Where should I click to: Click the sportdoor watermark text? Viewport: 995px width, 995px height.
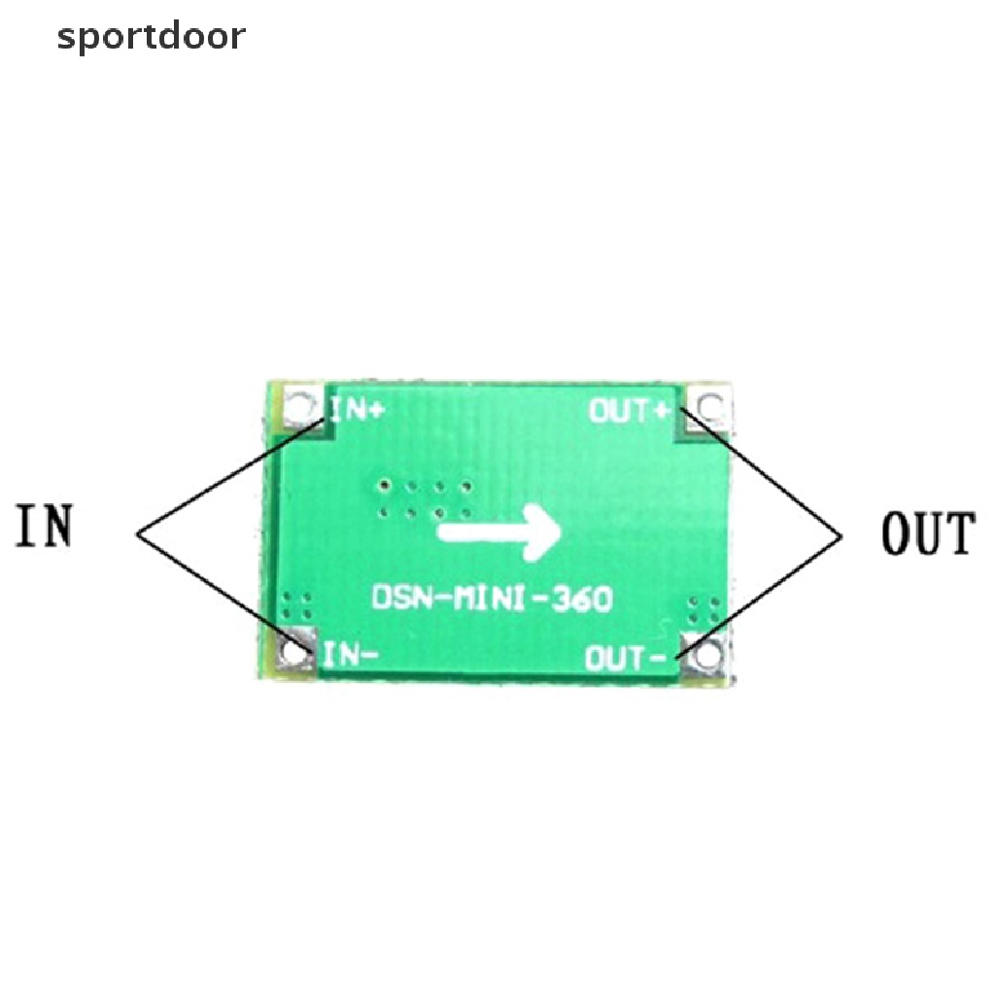click(x=151, y=38)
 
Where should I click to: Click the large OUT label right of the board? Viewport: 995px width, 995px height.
click(x=928, y=533)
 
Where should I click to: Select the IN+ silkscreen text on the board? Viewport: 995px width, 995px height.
click(x=358, y=411)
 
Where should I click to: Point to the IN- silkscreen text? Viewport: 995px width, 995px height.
click(x=350, y=655)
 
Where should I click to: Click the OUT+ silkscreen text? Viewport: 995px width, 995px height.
click(x=629, y=411)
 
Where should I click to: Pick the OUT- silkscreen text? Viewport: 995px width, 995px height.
click(x=625, y=658)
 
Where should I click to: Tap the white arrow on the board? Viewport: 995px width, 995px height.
click(x=499, y=532)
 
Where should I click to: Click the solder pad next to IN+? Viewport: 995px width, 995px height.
click(x=299, y=407)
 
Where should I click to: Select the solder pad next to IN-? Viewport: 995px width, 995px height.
click(x=294, y=650)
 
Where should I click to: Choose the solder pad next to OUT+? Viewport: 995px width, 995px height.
click(x=708, y=407)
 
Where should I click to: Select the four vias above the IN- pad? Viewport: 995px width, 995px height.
click(x=296, y=606)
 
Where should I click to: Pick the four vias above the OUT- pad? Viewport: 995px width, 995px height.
click(x=704, y=609)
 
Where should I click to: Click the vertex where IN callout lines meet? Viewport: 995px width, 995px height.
click(x=137, y=533)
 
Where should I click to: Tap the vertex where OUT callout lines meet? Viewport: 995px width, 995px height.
click(x=841, y=536)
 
